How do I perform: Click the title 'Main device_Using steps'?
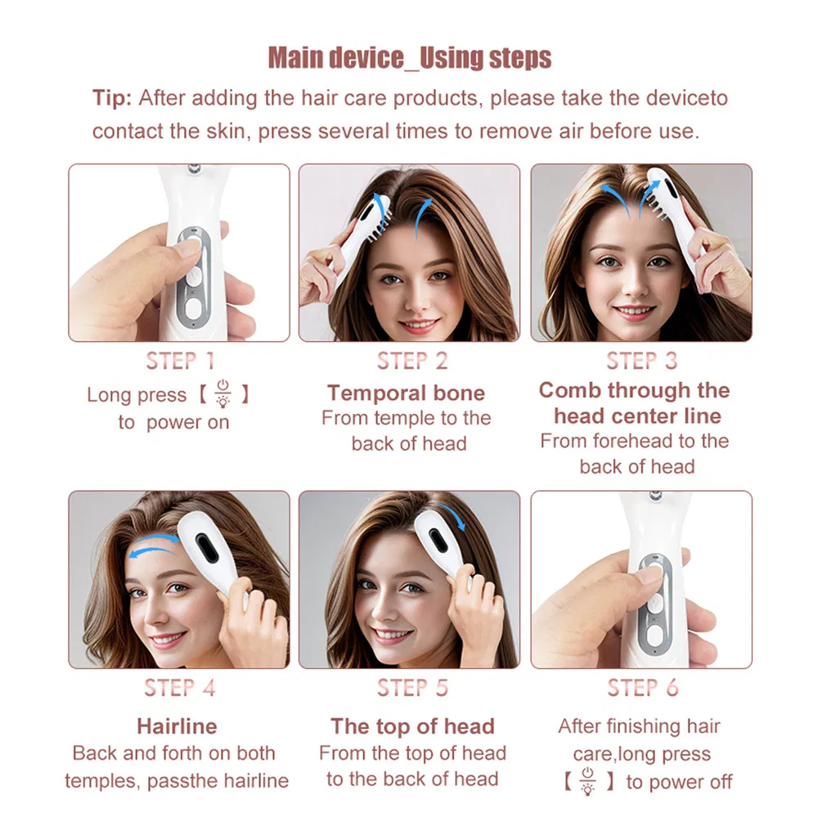[410, 58]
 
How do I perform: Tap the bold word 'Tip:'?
[111, 98]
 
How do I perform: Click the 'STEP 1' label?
[179, 361]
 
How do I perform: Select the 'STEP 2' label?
[412, 361]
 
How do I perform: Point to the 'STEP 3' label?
[642, 361]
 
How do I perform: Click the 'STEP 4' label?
[179, 688]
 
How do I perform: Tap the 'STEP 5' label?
[412, 688]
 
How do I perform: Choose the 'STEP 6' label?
[642, 688]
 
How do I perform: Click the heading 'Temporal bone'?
[406, 393]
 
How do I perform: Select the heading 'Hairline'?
[177, 726]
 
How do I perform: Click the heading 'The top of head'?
[412, 726]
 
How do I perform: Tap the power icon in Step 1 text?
[222, 393]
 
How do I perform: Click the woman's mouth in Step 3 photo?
[634, 312]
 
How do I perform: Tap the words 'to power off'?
[679, 781]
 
